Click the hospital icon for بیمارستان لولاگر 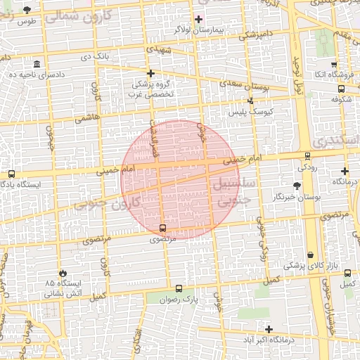pos(198,19)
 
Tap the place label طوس pos(27,21)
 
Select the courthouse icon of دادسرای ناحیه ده pos(37,64)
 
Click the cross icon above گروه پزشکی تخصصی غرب pos(150,73)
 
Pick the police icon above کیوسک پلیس pos(250,101)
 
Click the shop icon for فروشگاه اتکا pos(334,64)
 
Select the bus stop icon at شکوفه pos(342,89)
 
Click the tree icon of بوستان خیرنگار pos(297,186)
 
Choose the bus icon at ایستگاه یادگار pos(11,174)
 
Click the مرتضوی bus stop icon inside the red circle pos(163,229)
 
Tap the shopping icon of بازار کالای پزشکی pos(311,255)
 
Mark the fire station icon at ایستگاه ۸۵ pos(64,272)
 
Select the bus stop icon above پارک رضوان pos(178,288)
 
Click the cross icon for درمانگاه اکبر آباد pos(269,329)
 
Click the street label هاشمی pos(88,118)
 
